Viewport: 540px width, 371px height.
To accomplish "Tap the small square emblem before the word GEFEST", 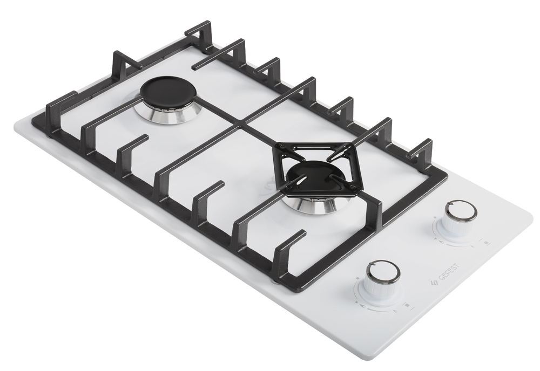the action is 434,283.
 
